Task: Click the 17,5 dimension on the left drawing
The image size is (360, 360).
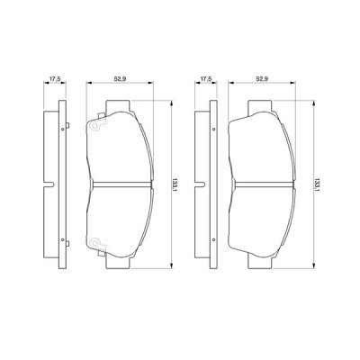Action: [x=55, y=78]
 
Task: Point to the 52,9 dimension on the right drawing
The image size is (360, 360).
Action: [x=263, y=78]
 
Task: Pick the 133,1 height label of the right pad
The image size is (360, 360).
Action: [x=317, y=184]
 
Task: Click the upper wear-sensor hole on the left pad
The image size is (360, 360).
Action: [x=93, y=128]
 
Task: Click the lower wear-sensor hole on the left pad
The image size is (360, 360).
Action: [x=93, y=240]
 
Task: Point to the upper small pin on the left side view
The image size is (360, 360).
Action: [x=62, y=131]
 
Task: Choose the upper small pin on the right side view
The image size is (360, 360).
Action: [x=211, y=131]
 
